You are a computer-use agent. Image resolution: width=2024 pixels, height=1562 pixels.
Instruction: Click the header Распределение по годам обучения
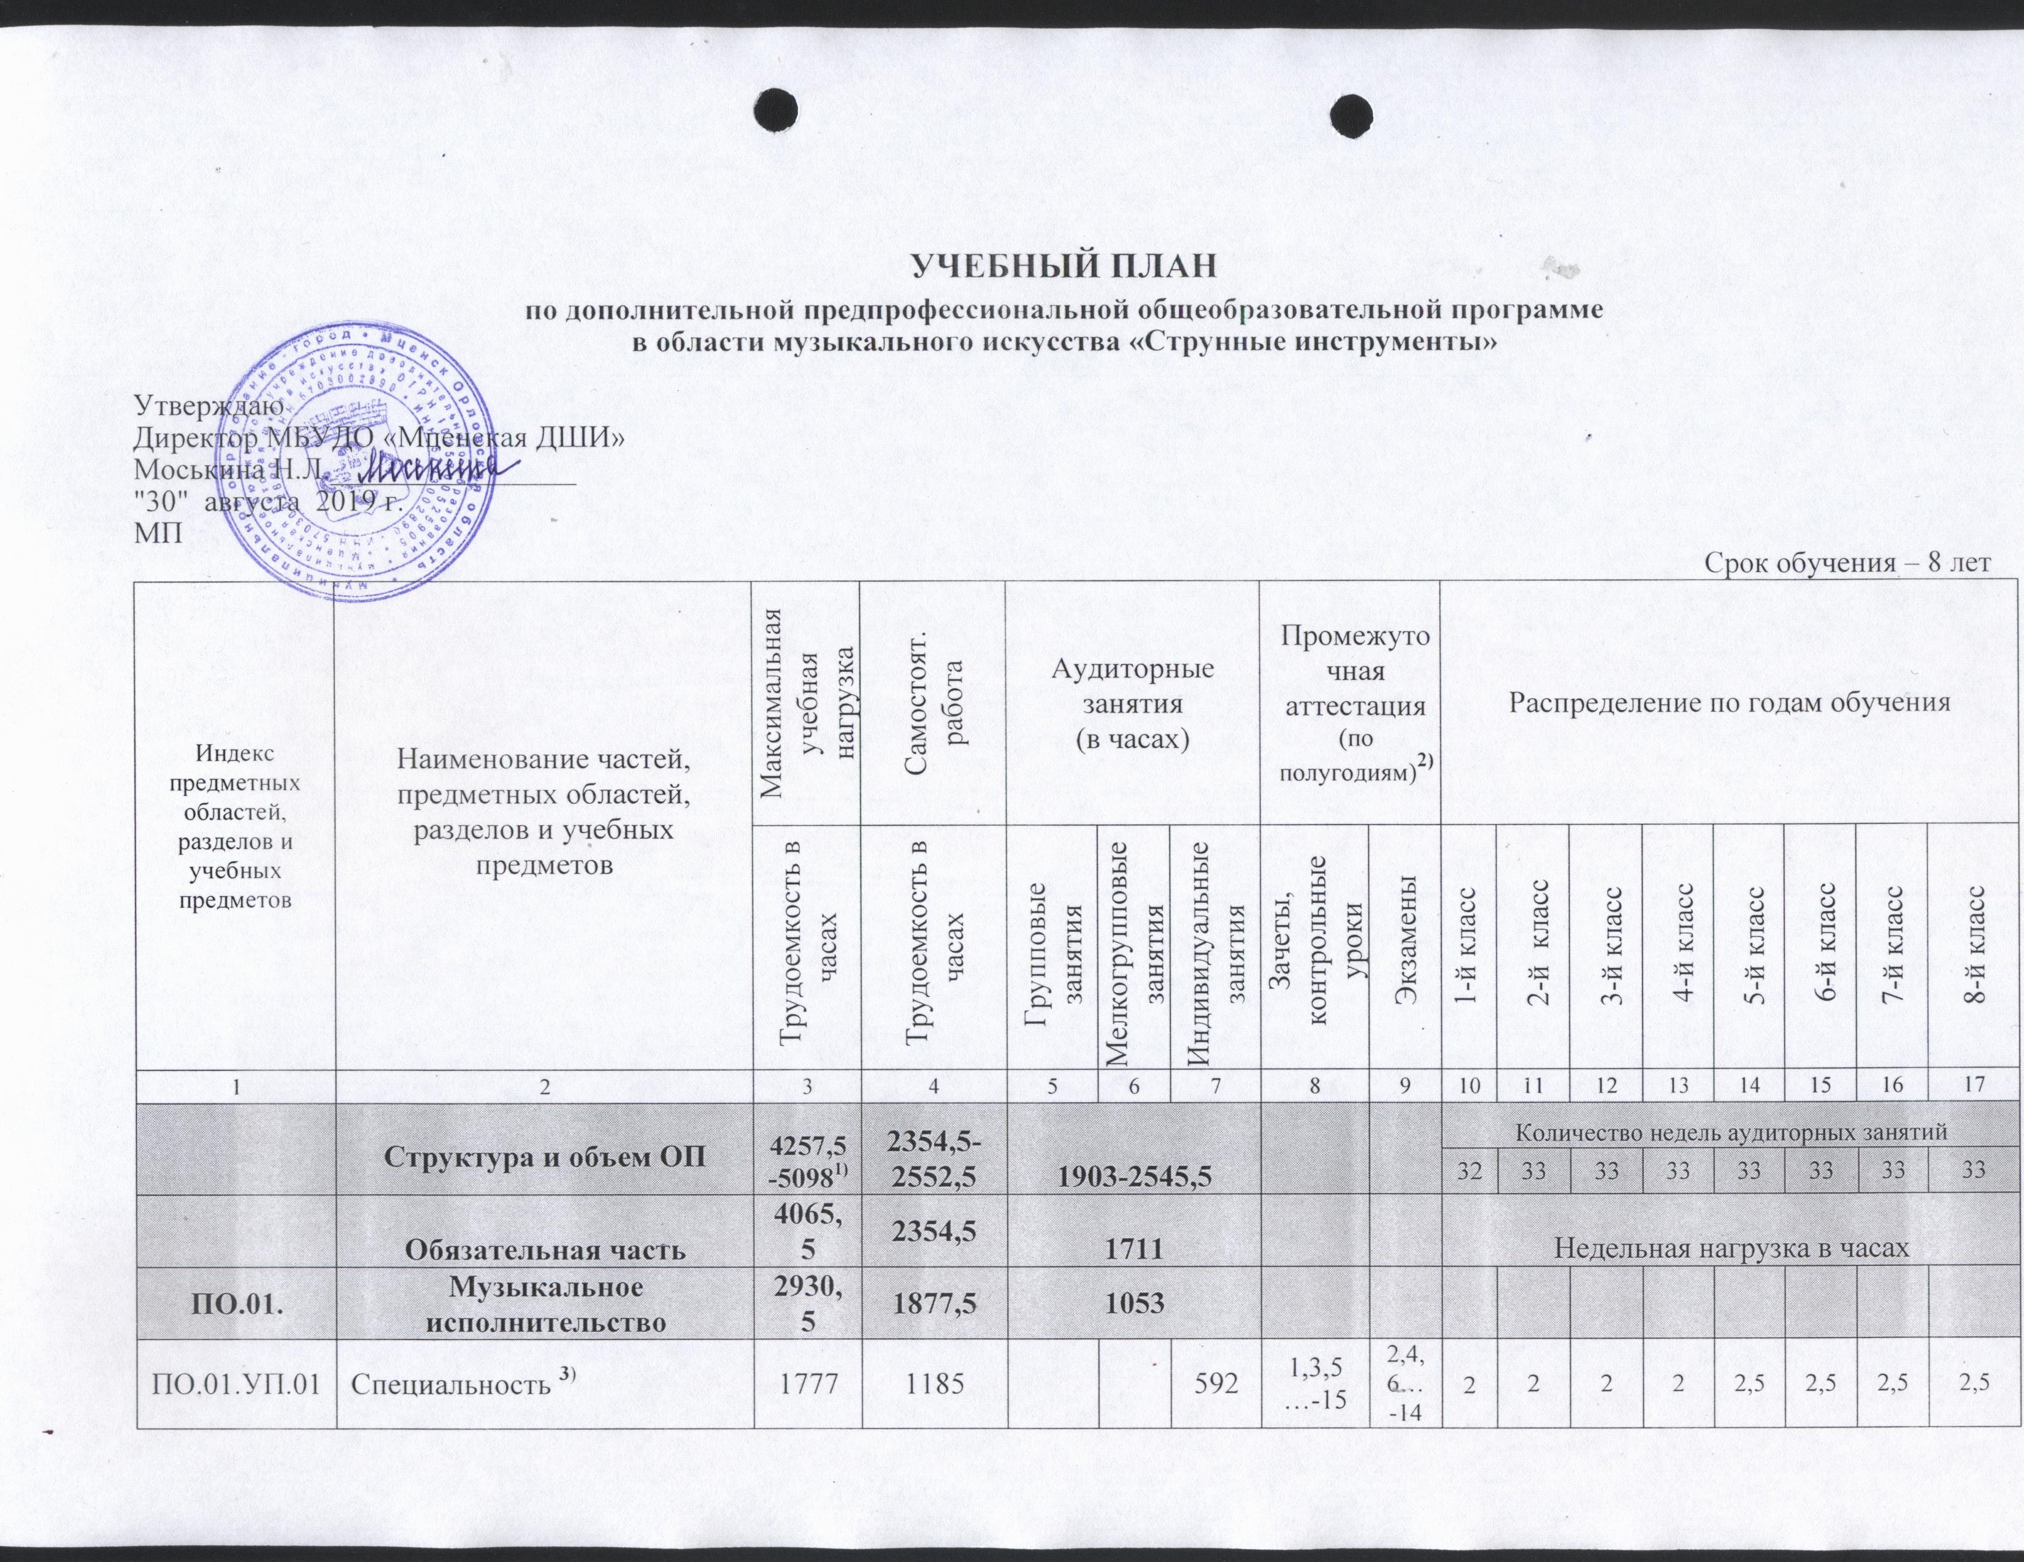point(1730,703)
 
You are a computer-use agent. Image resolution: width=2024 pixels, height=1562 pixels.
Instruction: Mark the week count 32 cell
point(1468,1171)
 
